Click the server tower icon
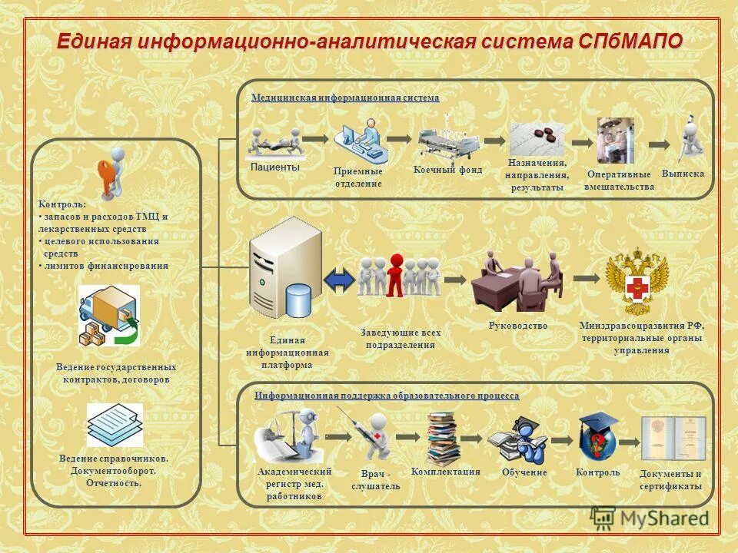click(x=277, y=272)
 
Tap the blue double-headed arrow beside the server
click(x=339, y=280)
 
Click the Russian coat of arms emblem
click(x=637, y=281)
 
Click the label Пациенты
click(x=274, y=167)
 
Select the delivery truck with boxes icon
click(x=108, y=315)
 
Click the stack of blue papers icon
click(x=114, y=425)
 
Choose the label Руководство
click(x=517, y=326)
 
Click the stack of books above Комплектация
click(x=444, y=439)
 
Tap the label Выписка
click(x=682, y=174)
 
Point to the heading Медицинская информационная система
click(x=345, y=98)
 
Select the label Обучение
click(x=524, y=472)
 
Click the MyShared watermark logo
click(x=650, y=518)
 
